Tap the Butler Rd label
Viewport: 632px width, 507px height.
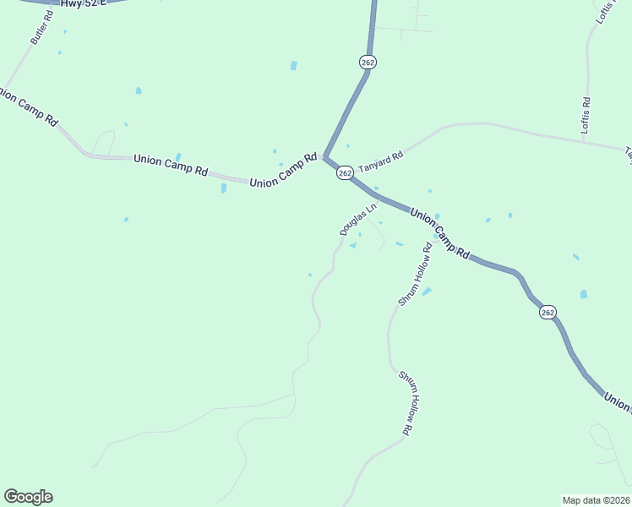(x=41, y=28)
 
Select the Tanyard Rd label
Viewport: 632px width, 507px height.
(x=380, y=161)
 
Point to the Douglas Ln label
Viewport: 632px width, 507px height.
(x=357, y=219)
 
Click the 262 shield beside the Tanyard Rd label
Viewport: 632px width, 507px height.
(x=344, y=172)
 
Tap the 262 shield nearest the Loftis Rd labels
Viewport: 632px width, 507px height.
(x=368, y=63)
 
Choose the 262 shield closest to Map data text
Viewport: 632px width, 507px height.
(x=548, y=313)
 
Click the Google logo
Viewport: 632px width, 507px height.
(x=28, y=497)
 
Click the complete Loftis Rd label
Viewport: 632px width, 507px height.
(x=586, y=115)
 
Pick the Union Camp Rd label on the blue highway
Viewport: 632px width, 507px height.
(x=440, y=233)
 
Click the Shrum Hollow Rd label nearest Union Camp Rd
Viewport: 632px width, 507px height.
(x=415, y=274)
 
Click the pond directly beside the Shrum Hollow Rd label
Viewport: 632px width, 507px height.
(x=427, y=292)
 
